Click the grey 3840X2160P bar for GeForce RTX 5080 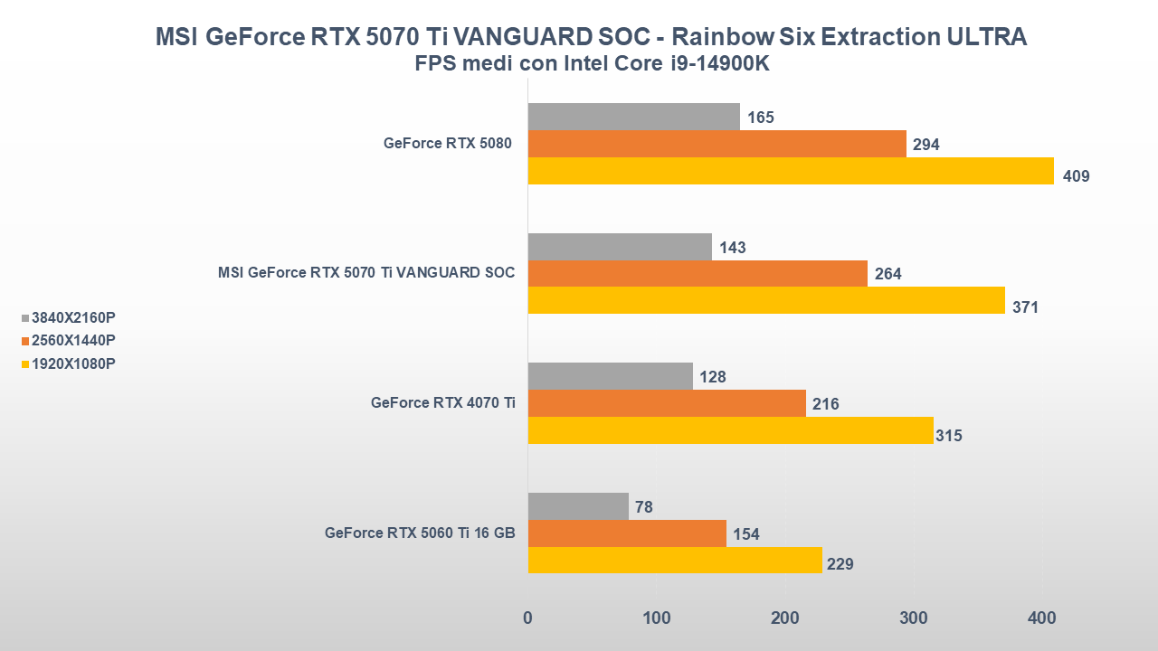tap(633, 117)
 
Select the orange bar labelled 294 tap(717, 144)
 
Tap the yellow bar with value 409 tap(791, 171)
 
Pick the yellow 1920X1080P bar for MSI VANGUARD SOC tap(766, 300)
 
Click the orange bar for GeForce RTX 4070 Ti tap(667, 403)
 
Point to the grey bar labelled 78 tap(578, 506)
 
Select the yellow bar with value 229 tap(675, 560)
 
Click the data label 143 tap(733, 247)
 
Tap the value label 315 tap(949, 436)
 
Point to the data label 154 tap(746, 534)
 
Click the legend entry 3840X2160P tap(72, 317)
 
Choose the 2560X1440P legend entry tap(72, 341)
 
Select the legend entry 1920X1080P tap(72, 363)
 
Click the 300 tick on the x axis tap(914, 618)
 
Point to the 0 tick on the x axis tap(527, 618)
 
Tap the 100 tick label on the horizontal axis tap(657, 618)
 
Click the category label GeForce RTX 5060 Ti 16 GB tap(420, 533)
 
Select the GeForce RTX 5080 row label tap(449, 143)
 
